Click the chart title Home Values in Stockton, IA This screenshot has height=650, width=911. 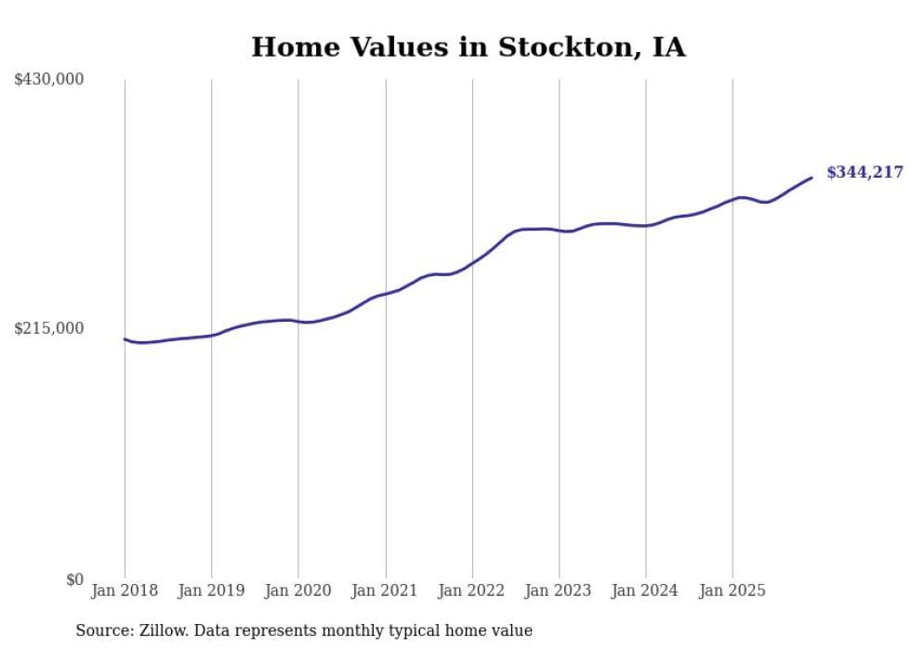[x=469, y=47]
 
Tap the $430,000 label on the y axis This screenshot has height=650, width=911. [x=49, y=80]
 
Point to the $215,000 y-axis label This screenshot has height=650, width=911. [x=49, y=328]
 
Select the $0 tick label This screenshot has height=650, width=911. [x=74, y=579]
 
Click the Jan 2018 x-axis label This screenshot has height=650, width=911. [x=125, y=590]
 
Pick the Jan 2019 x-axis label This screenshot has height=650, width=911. [x=211, y=590]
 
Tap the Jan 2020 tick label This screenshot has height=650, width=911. [x=298, y=590]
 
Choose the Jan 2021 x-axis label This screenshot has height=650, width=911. [x=385, y=590]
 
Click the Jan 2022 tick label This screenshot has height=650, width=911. [x=472, y=590]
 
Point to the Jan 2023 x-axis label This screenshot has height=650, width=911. [x=559, y=590]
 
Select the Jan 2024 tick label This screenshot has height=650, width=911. [x=646, y=590]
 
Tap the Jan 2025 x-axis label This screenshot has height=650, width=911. [x=733, y=590]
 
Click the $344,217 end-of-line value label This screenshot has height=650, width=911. [x=865, y=172]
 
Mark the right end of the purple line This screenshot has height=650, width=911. [x=812, y=178]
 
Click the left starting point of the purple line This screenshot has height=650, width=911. [x=125, y=339]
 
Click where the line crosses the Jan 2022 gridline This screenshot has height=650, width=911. [x=472, y=263]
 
